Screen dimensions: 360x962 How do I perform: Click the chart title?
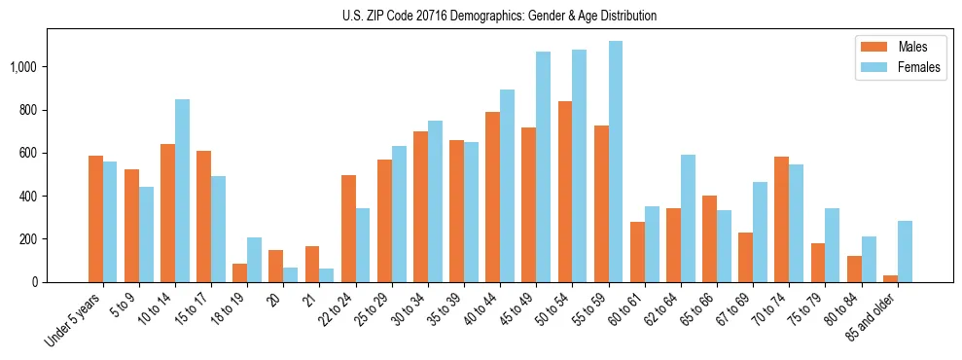[499, 16]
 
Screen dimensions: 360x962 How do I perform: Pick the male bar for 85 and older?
[890, 278]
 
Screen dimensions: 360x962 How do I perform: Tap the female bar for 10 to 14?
[182, 191]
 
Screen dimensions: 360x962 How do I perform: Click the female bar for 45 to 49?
[543, 166]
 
